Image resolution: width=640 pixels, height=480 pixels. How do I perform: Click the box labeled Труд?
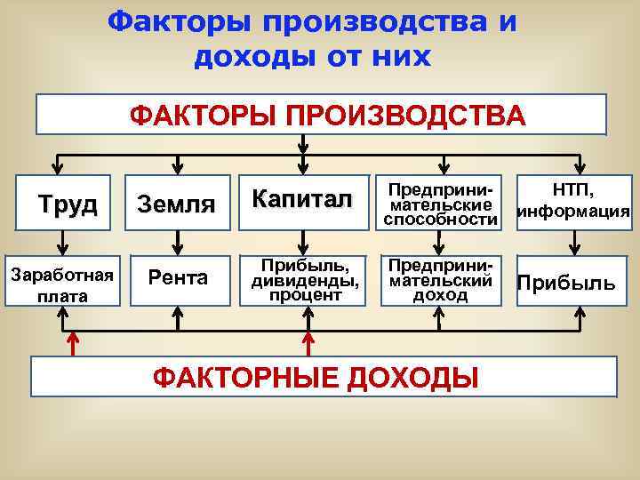point(67,204)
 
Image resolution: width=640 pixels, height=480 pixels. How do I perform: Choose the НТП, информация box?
point(574,201)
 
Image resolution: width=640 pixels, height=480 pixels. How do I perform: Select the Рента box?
point(179,278)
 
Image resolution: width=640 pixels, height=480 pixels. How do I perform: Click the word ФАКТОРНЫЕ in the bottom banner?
point(241,377)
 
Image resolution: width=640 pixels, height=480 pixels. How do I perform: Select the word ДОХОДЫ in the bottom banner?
point(408,377)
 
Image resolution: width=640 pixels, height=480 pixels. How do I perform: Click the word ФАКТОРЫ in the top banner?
point(184,116)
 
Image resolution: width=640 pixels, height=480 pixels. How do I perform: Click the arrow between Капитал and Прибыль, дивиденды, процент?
point(305,238)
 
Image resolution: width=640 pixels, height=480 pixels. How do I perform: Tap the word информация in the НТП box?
point(574,212)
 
